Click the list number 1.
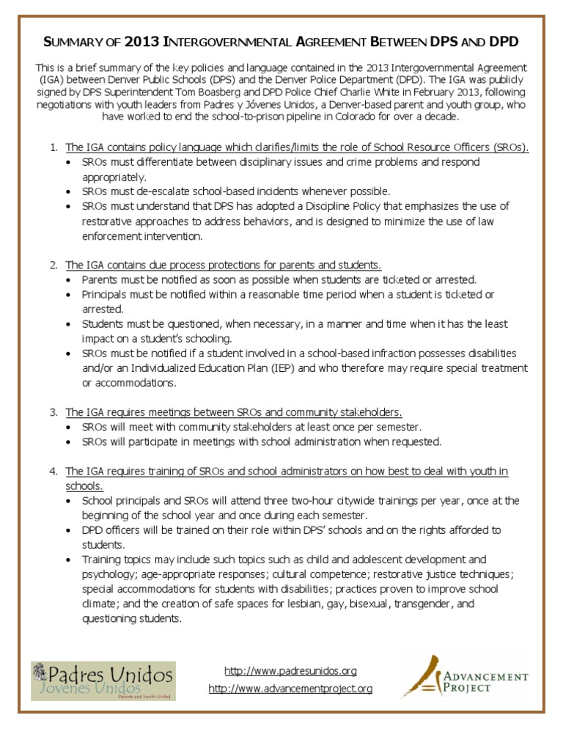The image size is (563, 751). point(54,147)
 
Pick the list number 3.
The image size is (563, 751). point(54,412)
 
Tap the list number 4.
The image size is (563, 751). point(54,471)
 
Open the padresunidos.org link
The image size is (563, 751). point(290,671)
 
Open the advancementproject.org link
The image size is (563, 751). point(290,689)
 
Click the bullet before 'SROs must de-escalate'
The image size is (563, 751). point(70,191)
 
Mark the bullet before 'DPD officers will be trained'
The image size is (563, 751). point(70,530)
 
